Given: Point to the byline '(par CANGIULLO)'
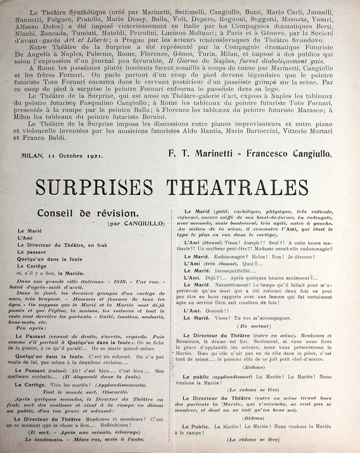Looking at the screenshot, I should (136, 223).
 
